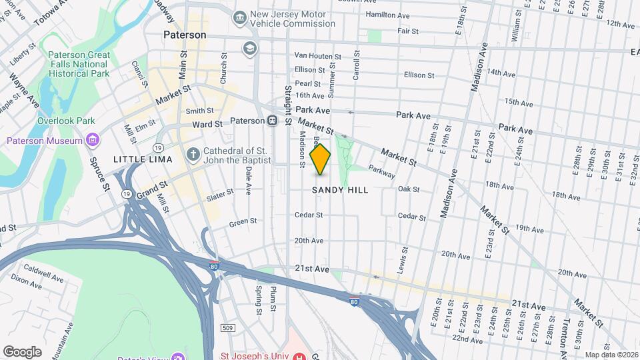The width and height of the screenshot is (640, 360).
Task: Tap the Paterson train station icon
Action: [272, 121]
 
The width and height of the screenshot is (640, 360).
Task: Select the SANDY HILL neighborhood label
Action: [340, 190]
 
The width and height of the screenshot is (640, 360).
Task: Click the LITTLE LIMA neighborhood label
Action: [143, 159]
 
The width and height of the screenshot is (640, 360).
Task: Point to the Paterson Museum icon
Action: [93, 140]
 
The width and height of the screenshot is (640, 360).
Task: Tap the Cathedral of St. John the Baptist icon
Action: [193, 155]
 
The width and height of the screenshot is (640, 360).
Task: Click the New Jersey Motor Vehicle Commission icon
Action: [239, 16]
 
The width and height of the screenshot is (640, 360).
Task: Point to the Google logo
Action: [22, 352]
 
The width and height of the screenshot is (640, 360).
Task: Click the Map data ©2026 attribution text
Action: [611, 355]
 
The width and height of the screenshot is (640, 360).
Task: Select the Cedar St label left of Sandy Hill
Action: [309, 215]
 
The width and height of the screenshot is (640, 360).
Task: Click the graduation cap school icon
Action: [249, 48]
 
